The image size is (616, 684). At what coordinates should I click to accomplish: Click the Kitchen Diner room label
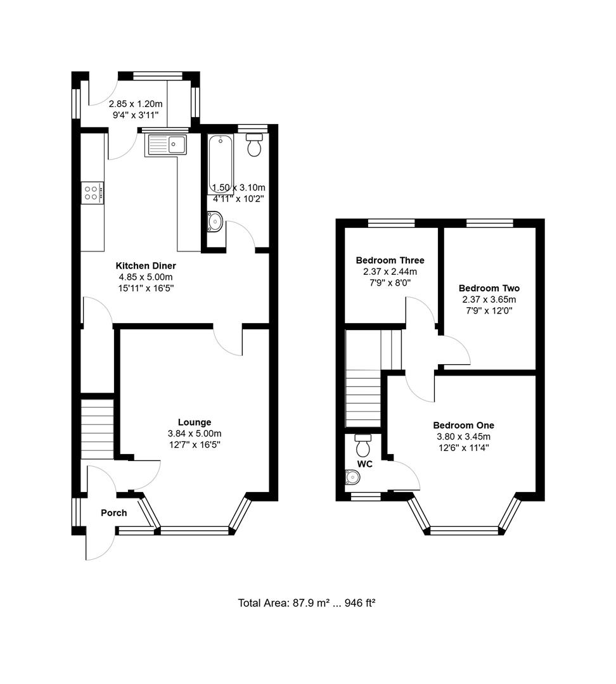tap(145, 266)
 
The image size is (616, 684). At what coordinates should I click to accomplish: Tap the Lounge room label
tap(194, 422)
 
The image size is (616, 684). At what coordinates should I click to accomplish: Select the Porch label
tap(113, 513)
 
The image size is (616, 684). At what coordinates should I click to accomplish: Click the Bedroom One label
tap(463, 426)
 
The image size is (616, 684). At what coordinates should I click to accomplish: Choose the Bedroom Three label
tap(390, 260)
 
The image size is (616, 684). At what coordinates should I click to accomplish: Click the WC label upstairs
tap(364, 464)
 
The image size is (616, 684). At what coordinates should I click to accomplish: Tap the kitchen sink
tap(166, 145)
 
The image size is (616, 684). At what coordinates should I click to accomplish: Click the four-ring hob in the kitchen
tap(92, 192)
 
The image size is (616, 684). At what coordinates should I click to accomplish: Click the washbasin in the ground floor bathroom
tap(215, 222)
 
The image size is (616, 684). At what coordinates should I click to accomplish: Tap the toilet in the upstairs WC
tap(363, 446)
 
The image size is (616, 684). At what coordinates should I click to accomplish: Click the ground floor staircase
tap(97, 427)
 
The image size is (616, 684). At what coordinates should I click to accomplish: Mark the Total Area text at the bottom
tap(307, 603)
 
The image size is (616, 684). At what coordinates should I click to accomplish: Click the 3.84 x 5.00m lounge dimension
tap(194, 434)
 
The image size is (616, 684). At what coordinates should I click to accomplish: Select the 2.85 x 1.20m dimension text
tap(136, 104)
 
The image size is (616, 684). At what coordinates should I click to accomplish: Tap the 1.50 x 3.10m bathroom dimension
tap(238, 187)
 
